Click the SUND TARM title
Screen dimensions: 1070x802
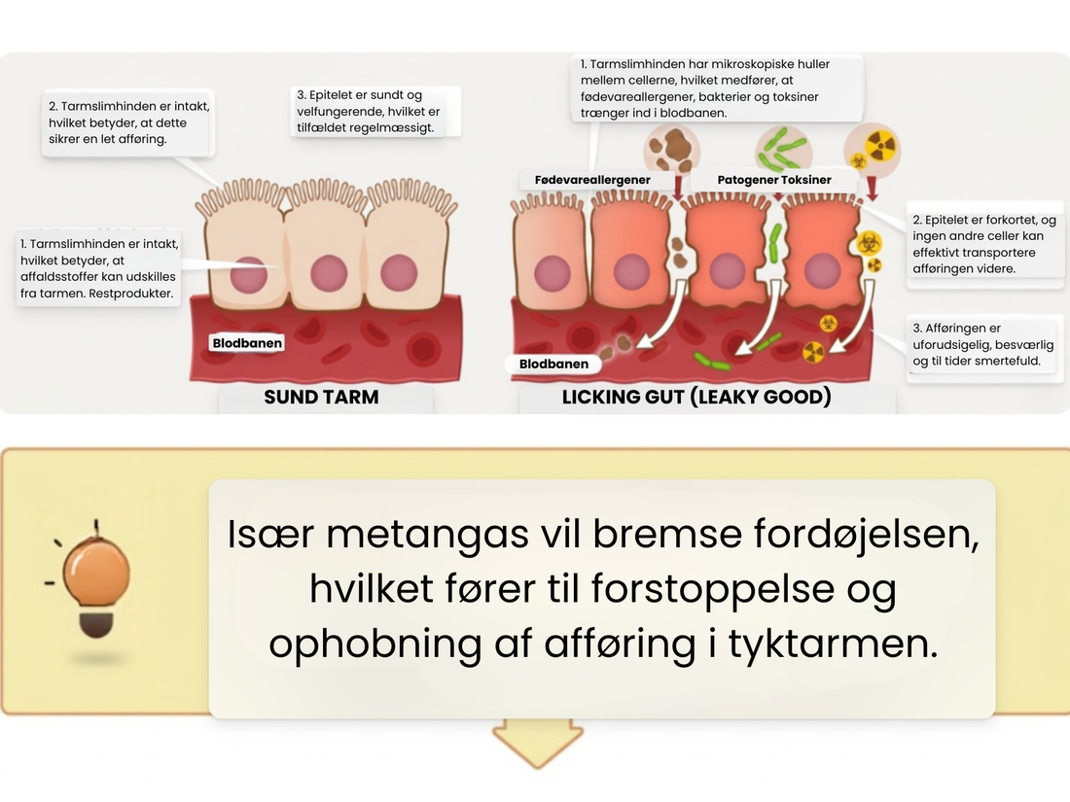click(x=321, y=397)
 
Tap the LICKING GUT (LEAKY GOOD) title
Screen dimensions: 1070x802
click(x=696, y=397)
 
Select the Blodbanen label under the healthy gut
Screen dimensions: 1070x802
click(x=247, y=343)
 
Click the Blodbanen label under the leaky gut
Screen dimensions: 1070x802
click(x=553, y=365)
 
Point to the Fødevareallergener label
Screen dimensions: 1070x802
click(x=592, y=180)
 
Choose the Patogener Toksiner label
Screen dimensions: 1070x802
click(x=774, y=180)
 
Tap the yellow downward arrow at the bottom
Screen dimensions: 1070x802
click(x=538, y=745)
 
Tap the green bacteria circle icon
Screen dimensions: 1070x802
click(x=783, y=150)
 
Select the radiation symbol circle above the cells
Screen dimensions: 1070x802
click(x=873, y=150)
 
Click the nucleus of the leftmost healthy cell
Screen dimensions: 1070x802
click(x=248, y=274)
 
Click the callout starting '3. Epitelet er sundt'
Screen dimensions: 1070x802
click(x=376, y=111)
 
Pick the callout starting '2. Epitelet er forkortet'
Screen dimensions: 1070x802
click(x=984, y=244)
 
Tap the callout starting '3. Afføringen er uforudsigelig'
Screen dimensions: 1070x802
click(x=983, y=344)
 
